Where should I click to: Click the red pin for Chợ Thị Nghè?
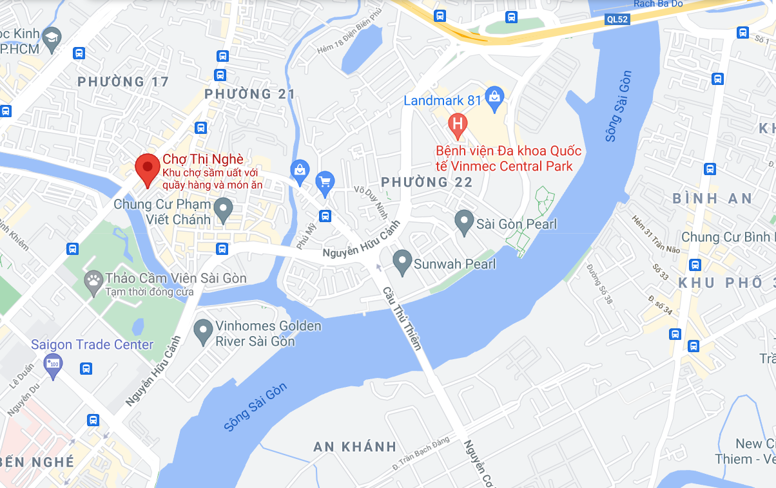tap(148, 169)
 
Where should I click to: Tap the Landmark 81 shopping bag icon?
tap(494, 98)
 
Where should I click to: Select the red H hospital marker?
tap(458, 124)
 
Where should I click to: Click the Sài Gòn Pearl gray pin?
tap(463, 222)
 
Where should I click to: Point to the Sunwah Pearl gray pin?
tap(403, 262)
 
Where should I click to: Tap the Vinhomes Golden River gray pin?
tap(204, 331)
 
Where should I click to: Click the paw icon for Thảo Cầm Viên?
tap(93, 280)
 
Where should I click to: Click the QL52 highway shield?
tap(617, 19)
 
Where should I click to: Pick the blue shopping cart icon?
tap(325, 183)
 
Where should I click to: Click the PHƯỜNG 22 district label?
tap(427, 182)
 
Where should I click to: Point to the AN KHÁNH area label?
tap(354, 447)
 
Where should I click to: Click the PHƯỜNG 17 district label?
tap(122, 82)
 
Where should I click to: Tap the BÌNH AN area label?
tap(712, 198)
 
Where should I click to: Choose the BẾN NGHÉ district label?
tap(37, 462)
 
